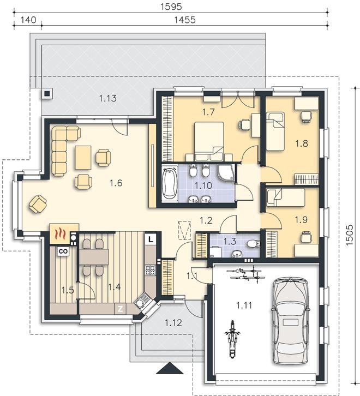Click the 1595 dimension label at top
(171, 7)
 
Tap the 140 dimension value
(28, 20)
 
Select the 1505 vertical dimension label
(350, 235)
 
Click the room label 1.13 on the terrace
(108, 98)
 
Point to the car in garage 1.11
(291, 321)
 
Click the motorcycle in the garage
(232, 339)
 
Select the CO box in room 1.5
(63, 251)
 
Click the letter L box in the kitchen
(151, 239)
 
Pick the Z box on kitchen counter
(120, 309)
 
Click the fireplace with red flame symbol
(59, 233)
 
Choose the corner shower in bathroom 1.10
(226, 173)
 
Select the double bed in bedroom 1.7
(209, 141)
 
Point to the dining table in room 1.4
(94, 257)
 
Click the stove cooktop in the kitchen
(151, 269)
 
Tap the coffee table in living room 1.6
(83, 158)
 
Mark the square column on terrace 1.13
(47, 94)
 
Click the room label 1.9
(301, 220)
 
